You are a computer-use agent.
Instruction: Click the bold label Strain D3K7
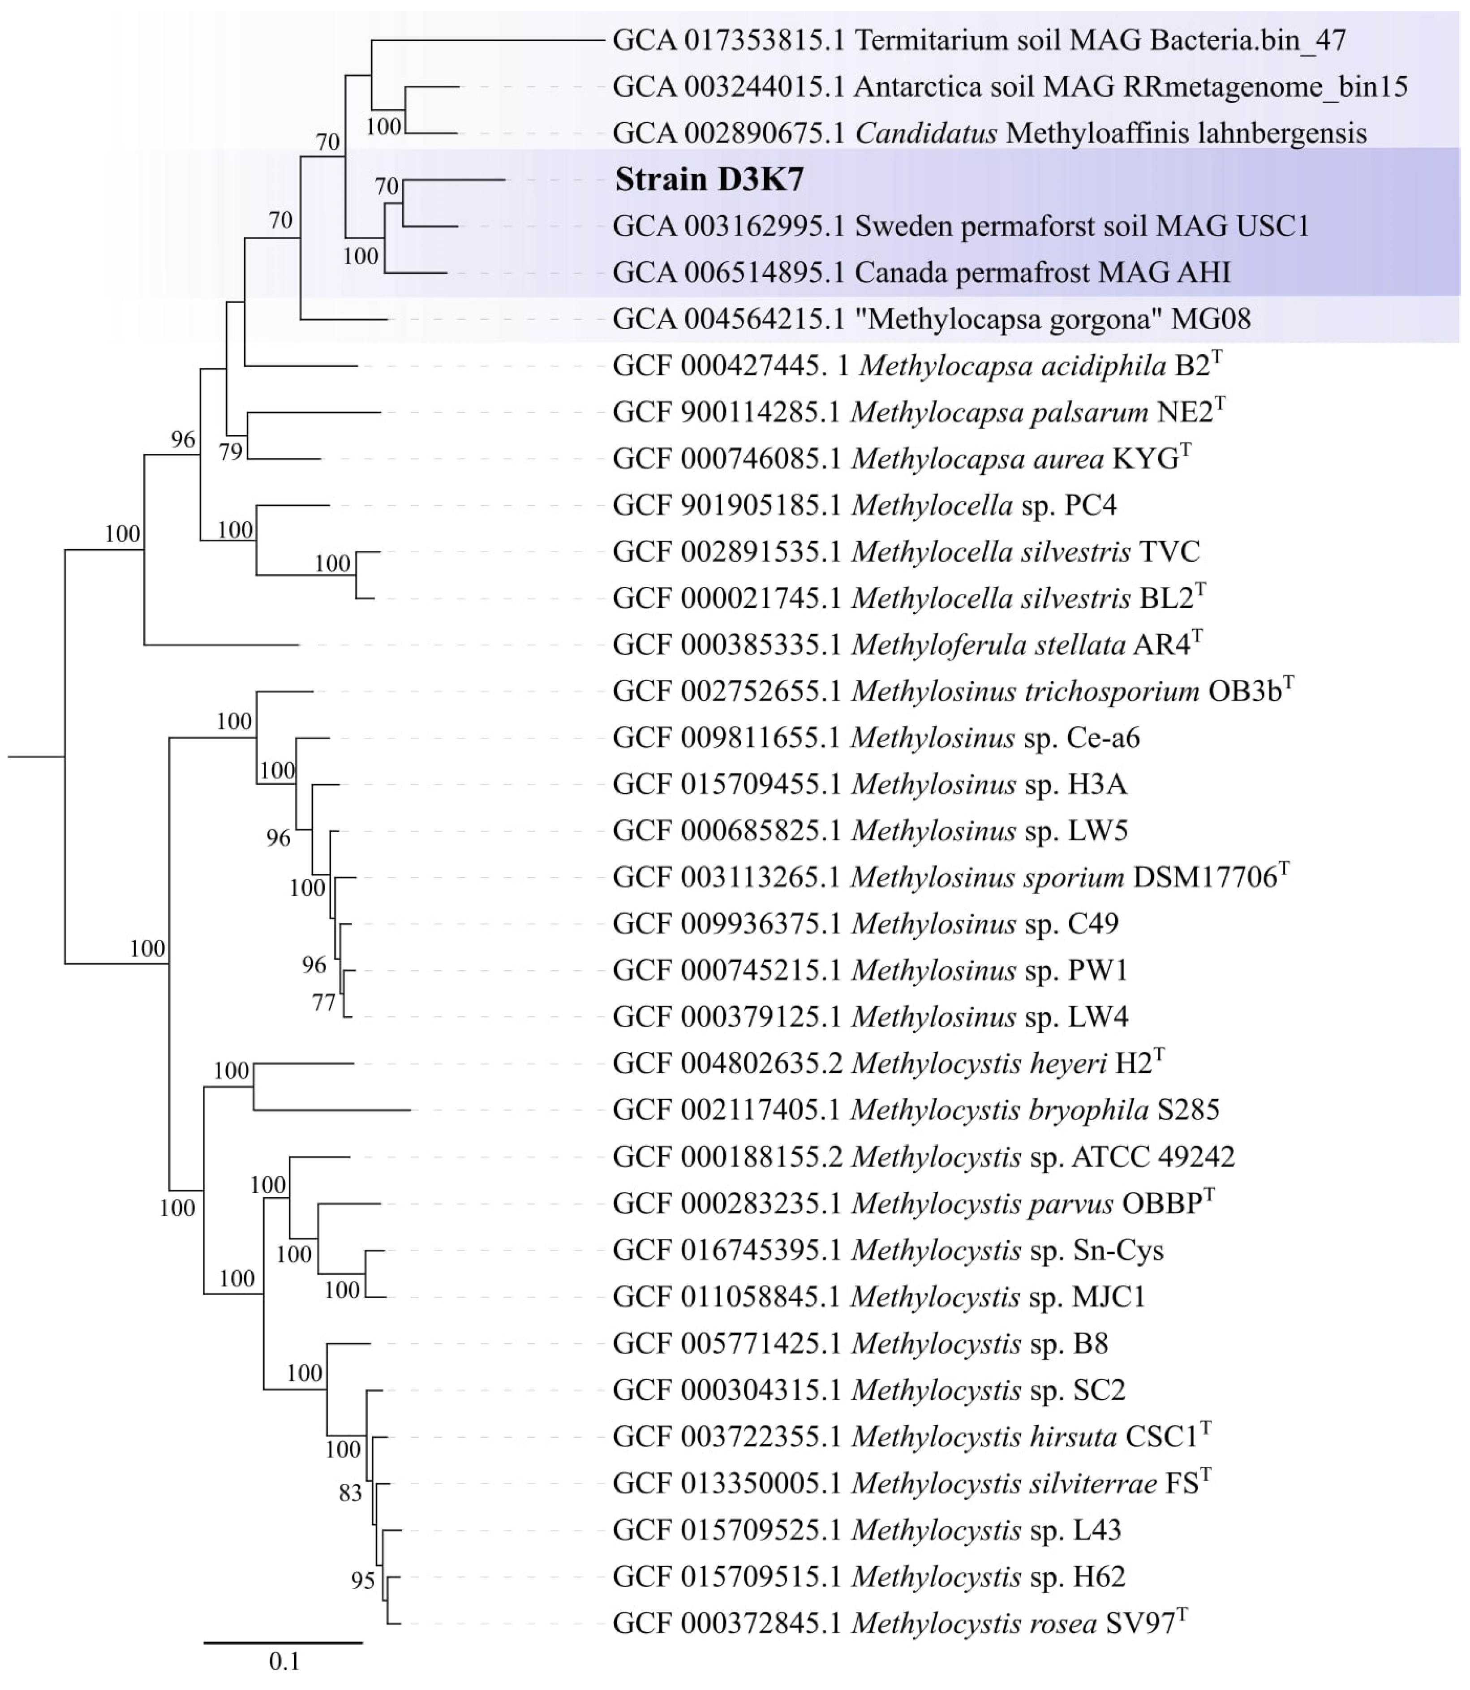(x=709, y=180)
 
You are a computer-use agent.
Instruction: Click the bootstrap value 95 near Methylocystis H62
(x=363, y=1581)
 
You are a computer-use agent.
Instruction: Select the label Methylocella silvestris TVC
(x=1025, y=551)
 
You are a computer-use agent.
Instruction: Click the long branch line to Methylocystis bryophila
(x=332, y=1110)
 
